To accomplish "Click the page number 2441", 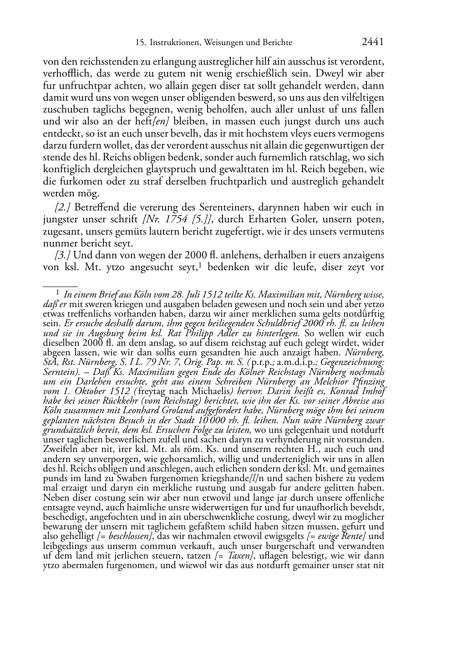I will pyautogui.click(x=373, y=42).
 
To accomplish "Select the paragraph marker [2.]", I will pyautogui.click(x=62, y=207).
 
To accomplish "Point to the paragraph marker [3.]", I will pyautogui.click(x=62, y=255).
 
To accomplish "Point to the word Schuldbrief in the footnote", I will pyautogui.click(x=277, y=323).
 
